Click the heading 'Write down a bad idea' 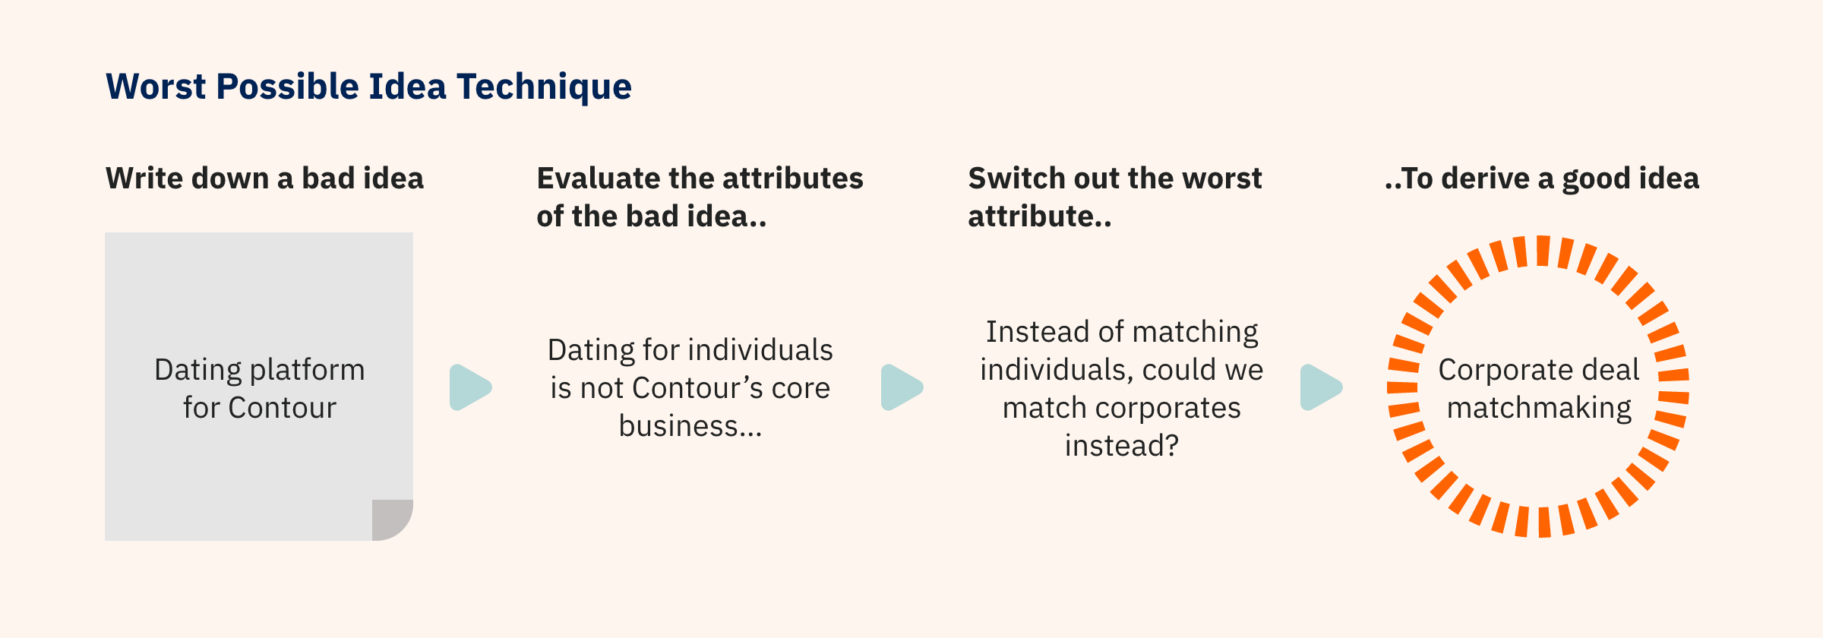tap(264, 178)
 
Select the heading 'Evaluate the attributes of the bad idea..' tap(700, 197)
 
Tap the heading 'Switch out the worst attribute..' tap(1114, 197)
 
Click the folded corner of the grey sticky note tap(392, 520)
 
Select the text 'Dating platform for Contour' tap(260, 389)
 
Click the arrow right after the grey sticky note tap(470, 387)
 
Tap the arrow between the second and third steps tap(902, 387)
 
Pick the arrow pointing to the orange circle tap(1321, 387)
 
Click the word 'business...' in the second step tap(690, 426)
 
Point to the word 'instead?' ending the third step tap(1122, 446)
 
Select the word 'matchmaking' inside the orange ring tap(1539, 409)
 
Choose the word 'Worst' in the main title tap(156, 87)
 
